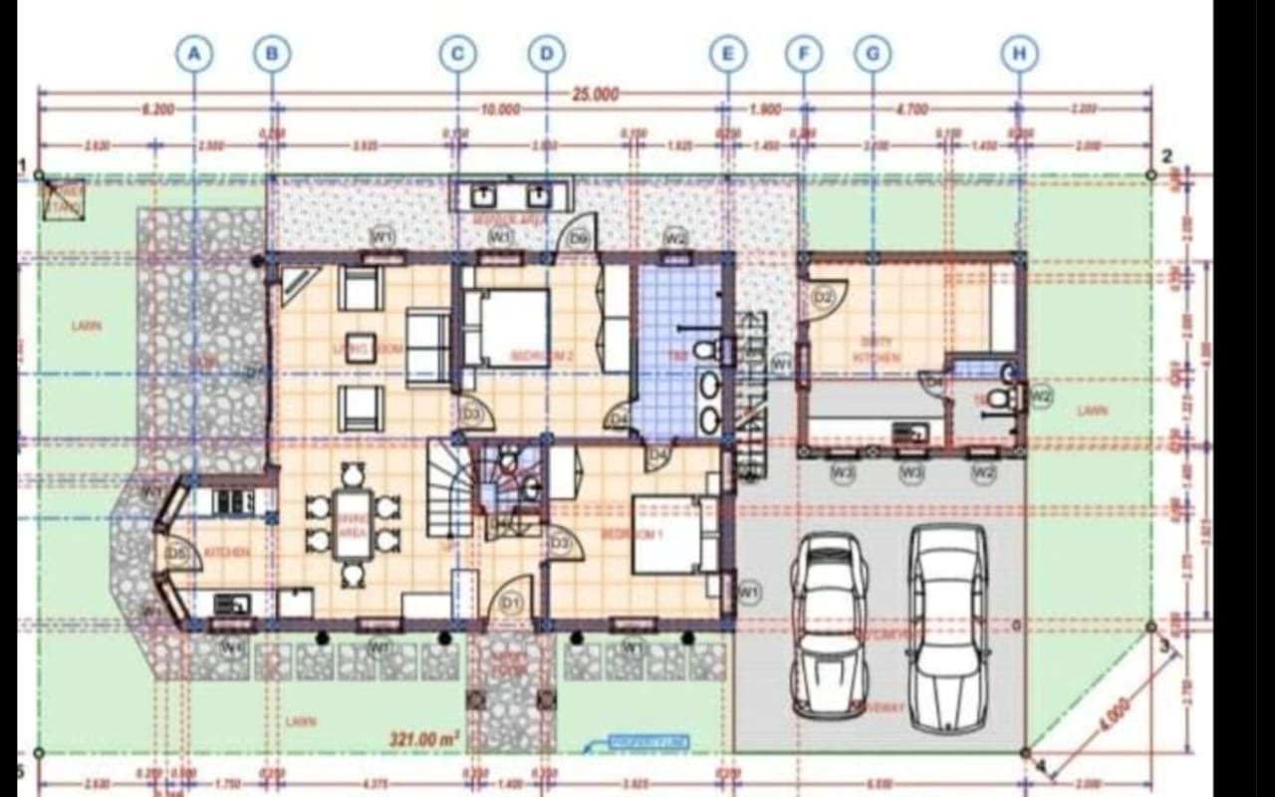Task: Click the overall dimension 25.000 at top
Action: coord(595,95)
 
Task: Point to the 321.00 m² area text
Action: coord(424,738)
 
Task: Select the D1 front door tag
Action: coord(512,603)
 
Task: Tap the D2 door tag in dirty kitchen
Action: coord(823,296)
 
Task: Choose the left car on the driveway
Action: coord(829,625)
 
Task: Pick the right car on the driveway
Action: coord(947,628)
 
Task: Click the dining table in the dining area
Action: coord(353,523)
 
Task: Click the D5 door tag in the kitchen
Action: coord(177,553)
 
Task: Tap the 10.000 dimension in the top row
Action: coord(500,110)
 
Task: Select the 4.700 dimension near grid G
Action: coord(910,110)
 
